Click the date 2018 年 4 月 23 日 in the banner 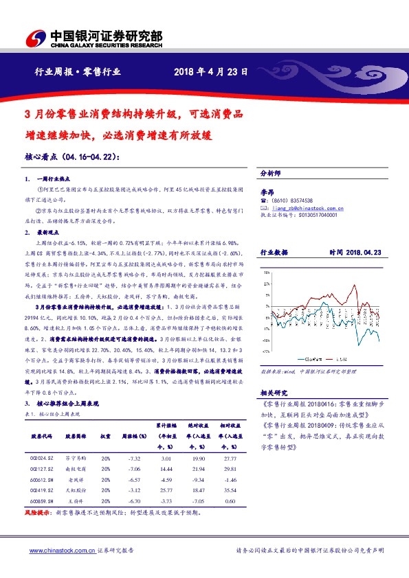tap(210, 71)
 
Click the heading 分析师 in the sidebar tap(271, 174)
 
